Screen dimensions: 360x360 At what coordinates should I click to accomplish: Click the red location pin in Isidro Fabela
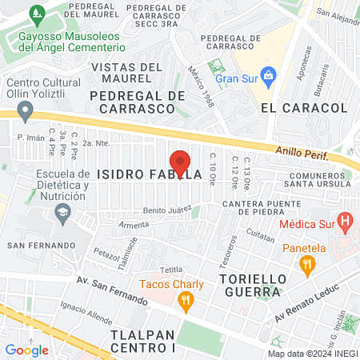click(x=180, y=162)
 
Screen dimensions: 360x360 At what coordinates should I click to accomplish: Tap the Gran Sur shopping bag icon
click(x=269, y=78)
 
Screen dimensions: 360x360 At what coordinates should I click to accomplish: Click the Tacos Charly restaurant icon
click(x=186, y=301)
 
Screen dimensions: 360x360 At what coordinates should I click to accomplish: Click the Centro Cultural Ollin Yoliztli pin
click(x=25, y=110)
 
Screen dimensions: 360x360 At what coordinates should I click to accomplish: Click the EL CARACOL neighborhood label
click(x=297, y=106)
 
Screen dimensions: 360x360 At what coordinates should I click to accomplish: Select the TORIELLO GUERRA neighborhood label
click(x=249, y=288)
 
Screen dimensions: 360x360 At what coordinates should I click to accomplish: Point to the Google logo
click(x=26, y=350)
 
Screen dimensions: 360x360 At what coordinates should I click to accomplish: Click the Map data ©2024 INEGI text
click(x=311, y=354)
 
